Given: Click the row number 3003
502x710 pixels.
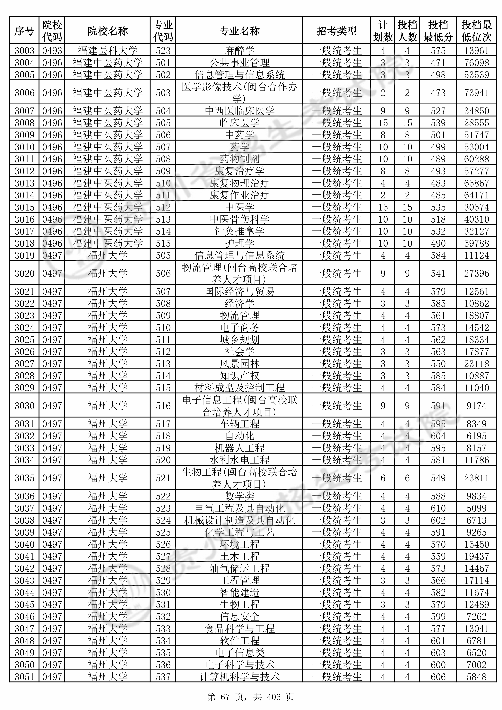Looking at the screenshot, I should point(24,50).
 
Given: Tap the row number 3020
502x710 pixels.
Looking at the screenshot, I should point(24,273).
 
